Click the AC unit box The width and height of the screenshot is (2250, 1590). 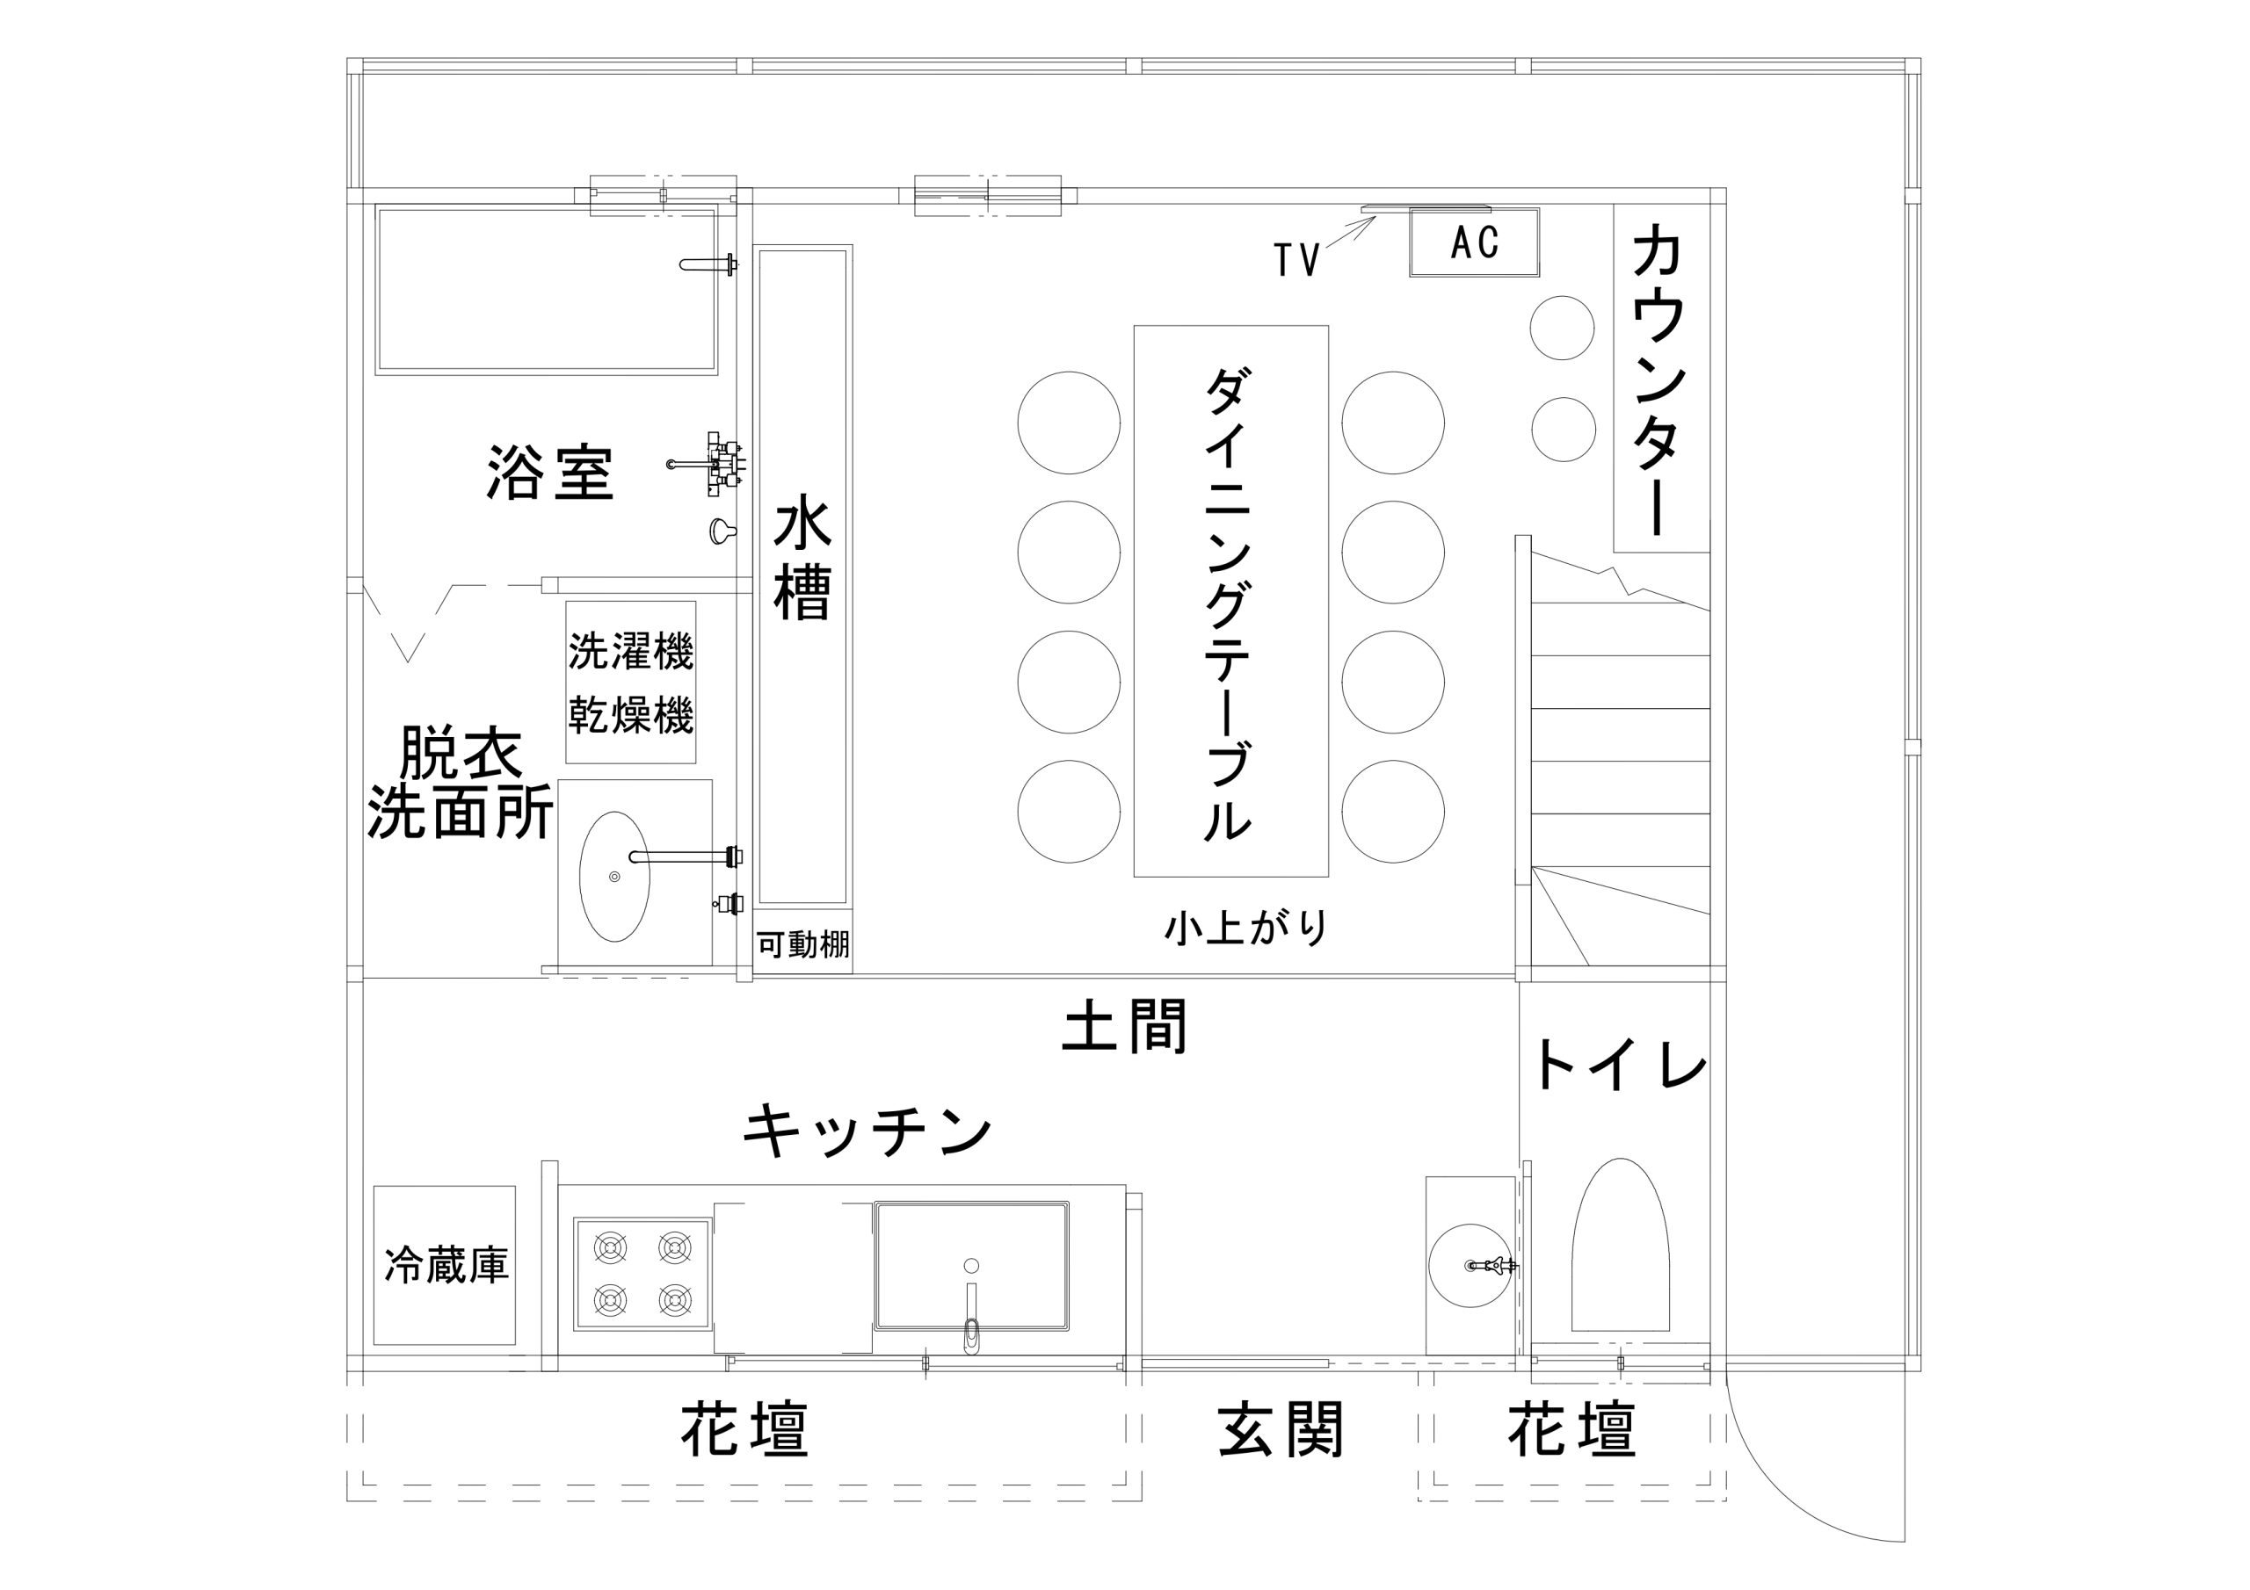pos(1474,242)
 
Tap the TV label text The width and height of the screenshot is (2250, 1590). pos(1296,261)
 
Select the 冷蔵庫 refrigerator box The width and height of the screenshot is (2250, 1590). pos(445,1266)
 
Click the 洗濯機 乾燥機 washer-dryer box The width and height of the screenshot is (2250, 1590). pos(631,682)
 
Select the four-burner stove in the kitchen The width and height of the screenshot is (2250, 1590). pos(642,1275)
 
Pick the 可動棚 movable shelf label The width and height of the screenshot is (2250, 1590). pos(802,944)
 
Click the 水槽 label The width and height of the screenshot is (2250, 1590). pos(802,560)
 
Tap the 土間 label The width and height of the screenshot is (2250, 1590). pos(1125,1026)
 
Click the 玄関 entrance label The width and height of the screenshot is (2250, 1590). pos(1281,1430)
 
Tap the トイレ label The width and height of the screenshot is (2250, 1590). pos(1619,1066)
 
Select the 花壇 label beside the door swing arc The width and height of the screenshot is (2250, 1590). pos(1571,1430)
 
